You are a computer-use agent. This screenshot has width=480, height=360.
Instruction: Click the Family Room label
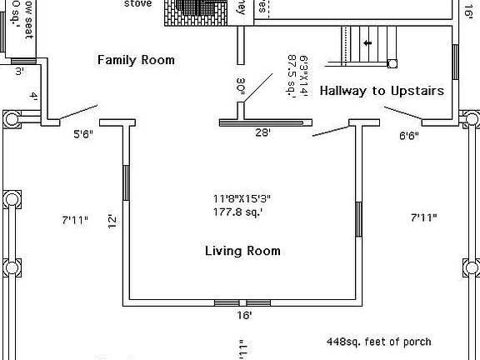136,60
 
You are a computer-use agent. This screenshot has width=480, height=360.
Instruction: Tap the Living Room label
242,251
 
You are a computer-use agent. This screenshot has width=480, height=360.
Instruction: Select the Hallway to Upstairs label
381,91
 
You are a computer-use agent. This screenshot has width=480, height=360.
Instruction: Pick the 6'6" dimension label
409,135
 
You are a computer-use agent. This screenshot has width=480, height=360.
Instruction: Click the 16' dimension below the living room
242,316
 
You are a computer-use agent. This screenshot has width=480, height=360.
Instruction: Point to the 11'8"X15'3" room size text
242,198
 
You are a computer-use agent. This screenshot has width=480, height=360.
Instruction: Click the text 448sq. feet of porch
378,342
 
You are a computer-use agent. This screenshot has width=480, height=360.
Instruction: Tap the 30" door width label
241,88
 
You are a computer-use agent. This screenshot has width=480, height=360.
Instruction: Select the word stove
138,3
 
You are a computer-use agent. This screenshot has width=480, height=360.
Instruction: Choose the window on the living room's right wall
358,218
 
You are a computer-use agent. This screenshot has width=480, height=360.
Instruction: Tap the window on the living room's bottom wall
242,302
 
